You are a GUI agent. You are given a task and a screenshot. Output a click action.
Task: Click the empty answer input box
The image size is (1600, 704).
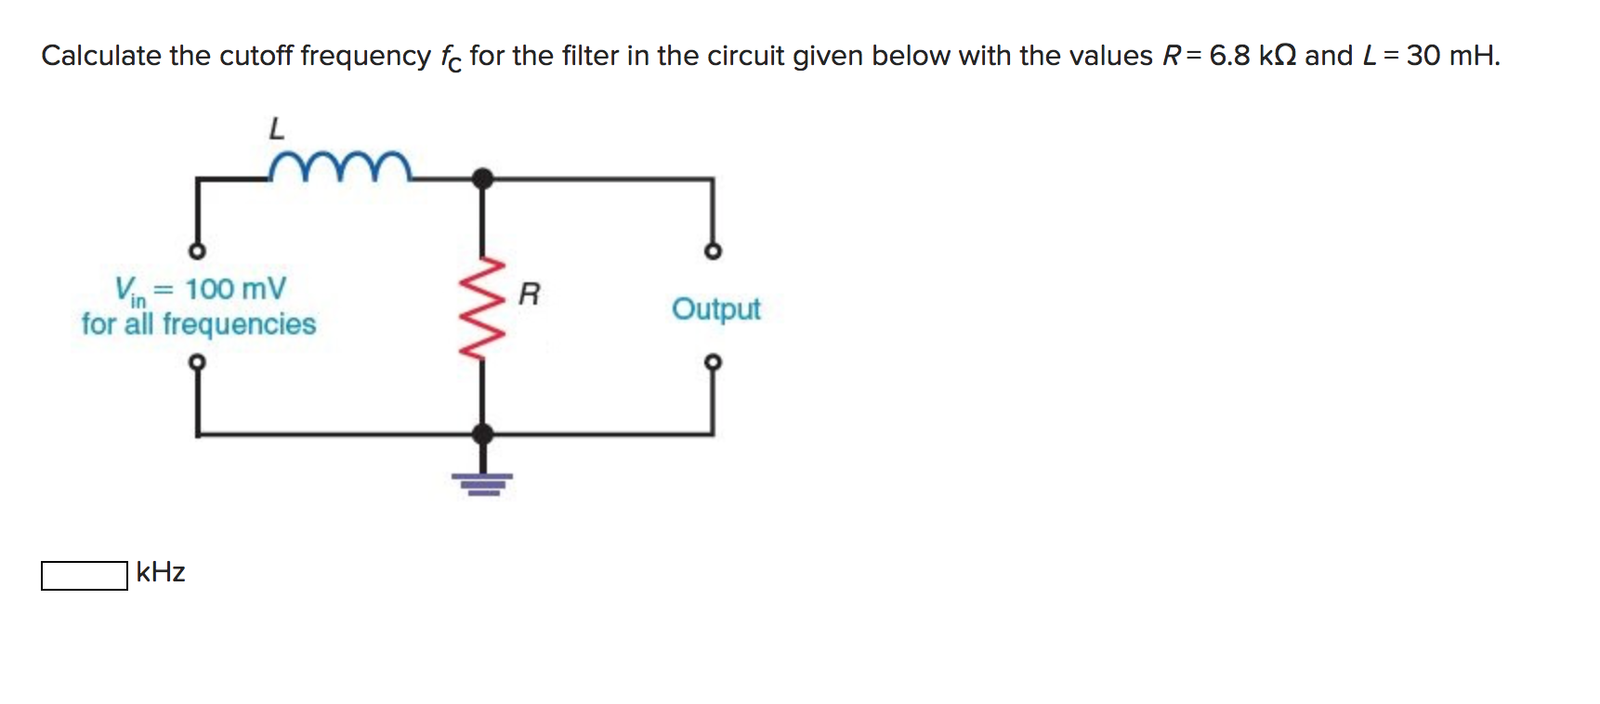(85, 575)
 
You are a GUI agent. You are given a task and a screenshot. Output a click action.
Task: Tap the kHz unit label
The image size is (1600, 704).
(160, 572)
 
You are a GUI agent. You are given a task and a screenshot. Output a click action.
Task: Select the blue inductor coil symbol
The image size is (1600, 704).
(339, 166)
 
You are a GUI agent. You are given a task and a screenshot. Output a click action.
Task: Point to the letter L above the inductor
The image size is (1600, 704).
(276, 128)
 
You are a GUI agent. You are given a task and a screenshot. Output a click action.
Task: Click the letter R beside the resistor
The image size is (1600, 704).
(529, 294)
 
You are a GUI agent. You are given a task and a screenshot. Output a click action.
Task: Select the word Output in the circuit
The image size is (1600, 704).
(715, 308)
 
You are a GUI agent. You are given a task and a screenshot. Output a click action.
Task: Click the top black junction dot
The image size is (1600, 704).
(482, 177)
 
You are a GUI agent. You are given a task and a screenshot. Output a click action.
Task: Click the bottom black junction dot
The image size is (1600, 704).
(482, 433)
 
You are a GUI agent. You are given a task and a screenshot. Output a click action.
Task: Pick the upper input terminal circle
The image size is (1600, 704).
(196, 252)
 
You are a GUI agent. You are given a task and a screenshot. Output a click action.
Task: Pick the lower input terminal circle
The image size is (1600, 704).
(196, 361)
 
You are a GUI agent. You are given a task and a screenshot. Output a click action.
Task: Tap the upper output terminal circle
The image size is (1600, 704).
(713, 252)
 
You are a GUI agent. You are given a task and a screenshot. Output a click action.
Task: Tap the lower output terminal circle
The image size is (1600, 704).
(713, 361)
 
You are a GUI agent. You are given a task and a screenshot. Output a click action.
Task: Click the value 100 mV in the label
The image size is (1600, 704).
(235, 289)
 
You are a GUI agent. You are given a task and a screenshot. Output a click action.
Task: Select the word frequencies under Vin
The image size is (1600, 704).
(239, 324)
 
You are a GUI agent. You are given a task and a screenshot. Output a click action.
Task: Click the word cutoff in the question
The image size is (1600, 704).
(256, 56)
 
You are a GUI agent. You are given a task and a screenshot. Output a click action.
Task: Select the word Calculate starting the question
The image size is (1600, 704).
(101, 56)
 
